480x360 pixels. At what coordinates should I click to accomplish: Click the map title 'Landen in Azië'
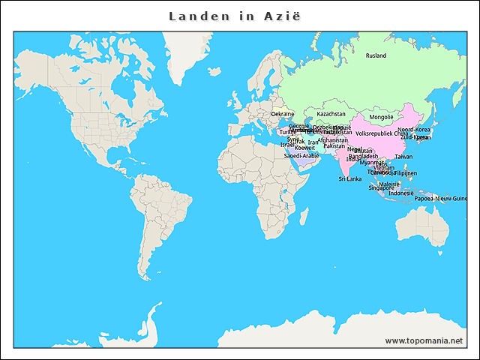click(235, 16)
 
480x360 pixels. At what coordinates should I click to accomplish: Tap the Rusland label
click(376, 56)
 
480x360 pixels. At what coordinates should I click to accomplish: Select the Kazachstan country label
click(331, 115)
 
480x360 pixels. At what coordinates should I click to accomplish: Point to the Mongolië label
click(381, 117)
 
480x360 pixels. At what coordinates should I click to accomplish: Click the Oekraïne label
click(282, 114)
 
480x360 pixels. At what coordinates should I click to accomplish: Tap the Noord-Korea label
click(414, 130)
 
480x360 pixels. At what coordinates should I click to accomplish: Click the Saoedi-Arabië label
click(301, 155)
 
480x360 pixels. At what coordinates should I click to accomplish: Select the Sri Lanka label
click(349, 179)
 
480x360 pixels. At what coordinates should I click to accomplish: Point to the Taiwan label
click(403, 157)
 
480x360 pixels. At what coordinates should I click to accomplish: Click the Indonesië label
click(401, 193)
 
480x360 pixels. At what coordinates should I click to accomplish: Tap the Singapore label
click(381, 187)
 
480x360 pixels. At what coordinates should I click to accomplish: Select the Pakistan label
click(334, 146)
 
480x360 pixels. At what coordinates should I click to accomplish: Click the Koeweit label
click(304, 148)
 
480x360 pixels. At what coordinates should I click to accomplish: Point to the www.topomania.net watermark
click(424, 340)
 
